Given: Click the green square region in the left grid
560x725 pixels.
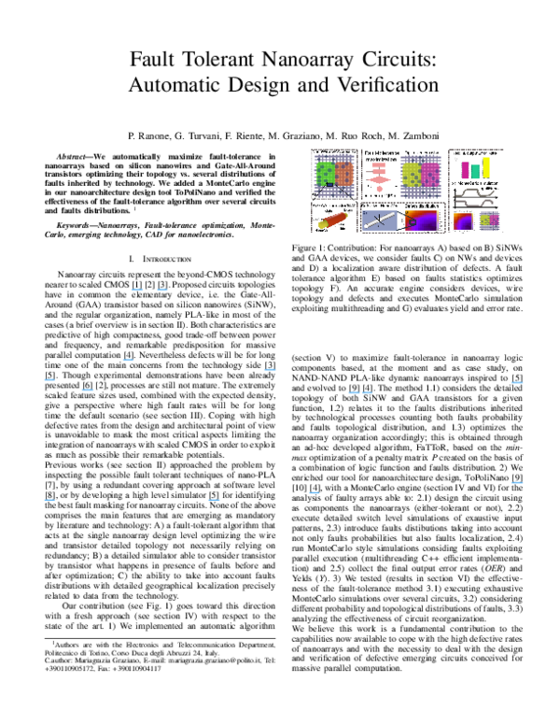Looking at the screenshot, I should point(325,173).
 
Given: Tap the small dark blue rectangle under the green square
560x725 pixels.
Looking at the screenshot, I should point(329,185).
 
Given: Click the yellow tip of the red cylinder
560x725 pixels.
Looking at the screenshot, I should point(323,224).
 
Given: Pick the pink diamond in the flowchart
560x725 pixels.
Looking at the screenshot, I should point(379,179).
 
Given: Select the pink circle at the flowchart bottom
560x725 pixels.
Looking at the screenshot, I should point(379,189).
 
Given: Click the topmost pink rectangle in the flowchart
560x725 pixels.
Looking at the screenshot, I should point(379,164).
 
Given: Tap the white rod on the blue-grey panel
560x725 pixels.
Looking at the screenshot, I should point(379,220).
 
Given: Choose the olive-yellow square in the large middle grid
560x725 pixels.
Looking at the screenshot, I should point(412,175).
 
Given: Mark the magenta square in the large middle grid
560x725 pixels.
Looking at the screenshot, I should point(430,175).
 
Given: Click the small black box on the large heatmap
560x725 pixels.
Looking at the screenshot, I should point(412,221).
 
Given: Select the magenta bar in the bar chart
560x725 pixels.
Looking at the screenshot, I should point(465,170).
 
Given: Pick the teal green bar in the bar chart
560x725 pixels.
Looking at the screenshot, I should point(475,172).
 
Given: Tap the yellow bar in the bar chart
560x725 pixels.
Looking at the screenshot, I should point(485,168).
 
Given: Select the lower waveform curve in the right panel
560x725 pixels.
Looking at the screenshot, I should point(476,203).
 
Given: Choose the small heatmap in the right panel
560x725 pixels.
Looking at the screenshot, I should point(463,220).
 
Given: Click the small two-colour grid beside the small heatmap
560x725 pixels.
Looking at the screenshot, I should point(489,220).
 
